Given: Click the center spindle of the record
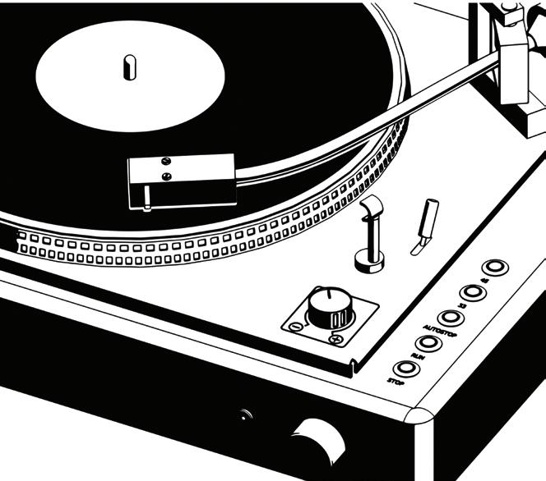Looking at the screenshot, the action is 129,66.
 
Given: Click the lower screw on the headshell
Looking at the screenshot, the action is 167,176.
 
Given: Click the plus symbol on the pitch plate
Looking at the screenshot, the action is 335,338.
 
